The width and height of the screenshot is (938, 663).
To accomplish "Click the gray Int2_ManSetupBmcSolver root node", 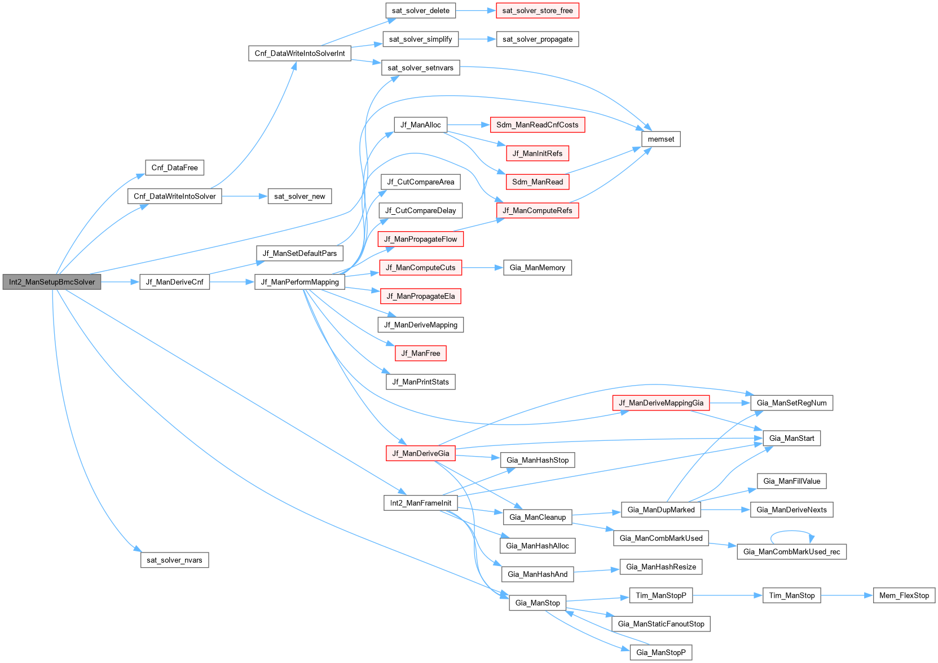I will pyautogui.click(x=52, y=282).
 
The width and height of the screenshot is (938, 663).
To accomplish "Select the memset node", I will pyautogui.click(x=660, y=139).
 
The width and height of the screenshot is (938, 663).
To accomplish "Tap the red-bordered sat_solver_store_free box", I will pyautogui.click(x=538, y=11).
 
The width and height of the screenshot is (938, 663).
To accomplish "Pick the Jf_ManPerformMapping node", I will pyautogui.click(x=300, y=282).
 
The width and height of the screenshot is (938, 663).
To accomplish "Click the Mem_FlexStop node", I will pyautogui.click(x=904, y=595).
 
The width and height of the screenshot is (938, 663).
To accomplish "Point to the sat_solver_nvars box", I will pyautogui.click(x=174, y=560).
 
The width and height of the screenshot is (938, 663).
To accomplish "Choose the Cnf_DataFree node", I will pyautogui.click(x=174, y=167).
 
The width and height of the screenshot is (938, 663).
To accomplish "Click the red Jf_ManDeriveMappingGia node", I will pyautogui.click(x=660, y=403).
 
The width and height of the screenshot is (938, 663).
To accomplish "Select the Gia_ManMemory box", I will pyautogui.click(x=537, y=268).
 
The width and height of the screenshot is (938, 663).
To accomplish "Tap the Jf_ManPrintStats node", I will pyautogui.click(x=420, y=382).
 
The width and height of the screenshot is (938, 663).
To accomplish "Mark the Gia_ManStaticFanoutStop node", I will pyautogui.click(x=660, y=624).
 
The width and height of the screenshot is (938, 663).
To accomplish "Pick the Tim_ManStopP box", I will pyautogui.click(x=660, y=595).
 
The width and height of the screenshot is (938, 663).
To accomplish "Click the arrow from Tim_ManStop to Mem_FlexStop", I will pyautogui.click(x=847, y=595).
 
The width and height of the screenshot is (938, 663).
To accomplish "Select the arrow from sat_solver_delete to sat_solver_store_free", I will pyautogui.click(x=475, y=11).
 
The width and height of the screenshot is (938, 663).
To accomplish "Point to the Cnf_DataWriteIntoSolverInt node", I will pyautogui.click(x=300, y=54).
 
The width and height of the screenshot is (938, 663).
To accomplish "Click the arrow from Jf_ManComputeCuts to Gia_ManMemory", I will pyautogui.click(x=482, y=268).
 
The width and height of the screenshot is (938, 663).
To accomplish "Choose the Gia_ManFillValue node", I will pyautogui.click(x=791, y=481).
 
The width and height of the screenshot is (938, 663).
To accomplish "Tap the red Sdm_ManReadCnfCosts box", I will pyautogui.click(x=537, y=125).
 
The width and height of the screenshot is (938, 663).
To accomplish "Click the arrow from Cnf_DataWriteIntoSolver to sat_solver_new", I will pyautogui.click(x=244, y=196).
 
